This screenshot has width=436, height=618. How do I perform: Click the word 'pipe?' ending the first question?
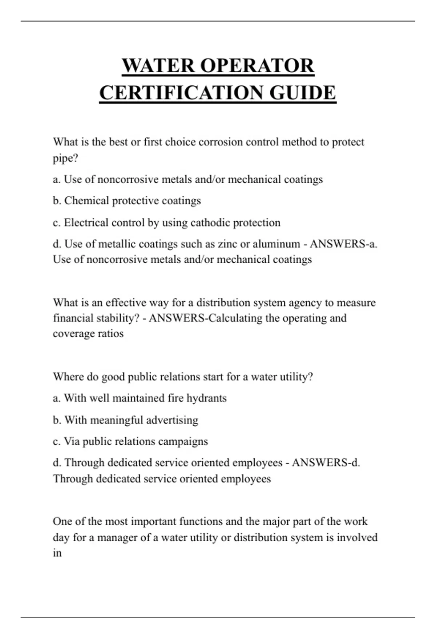point(65,158)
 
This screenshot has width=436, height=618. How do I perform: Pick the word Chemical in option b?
point(86,201)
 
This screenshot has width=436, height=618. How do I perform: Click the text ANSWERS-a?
point(343,244)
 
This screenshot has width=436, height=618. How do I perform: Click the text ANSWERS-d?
point(326,463)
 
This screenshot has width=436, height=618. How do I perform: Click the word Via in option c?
point(72,441)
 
